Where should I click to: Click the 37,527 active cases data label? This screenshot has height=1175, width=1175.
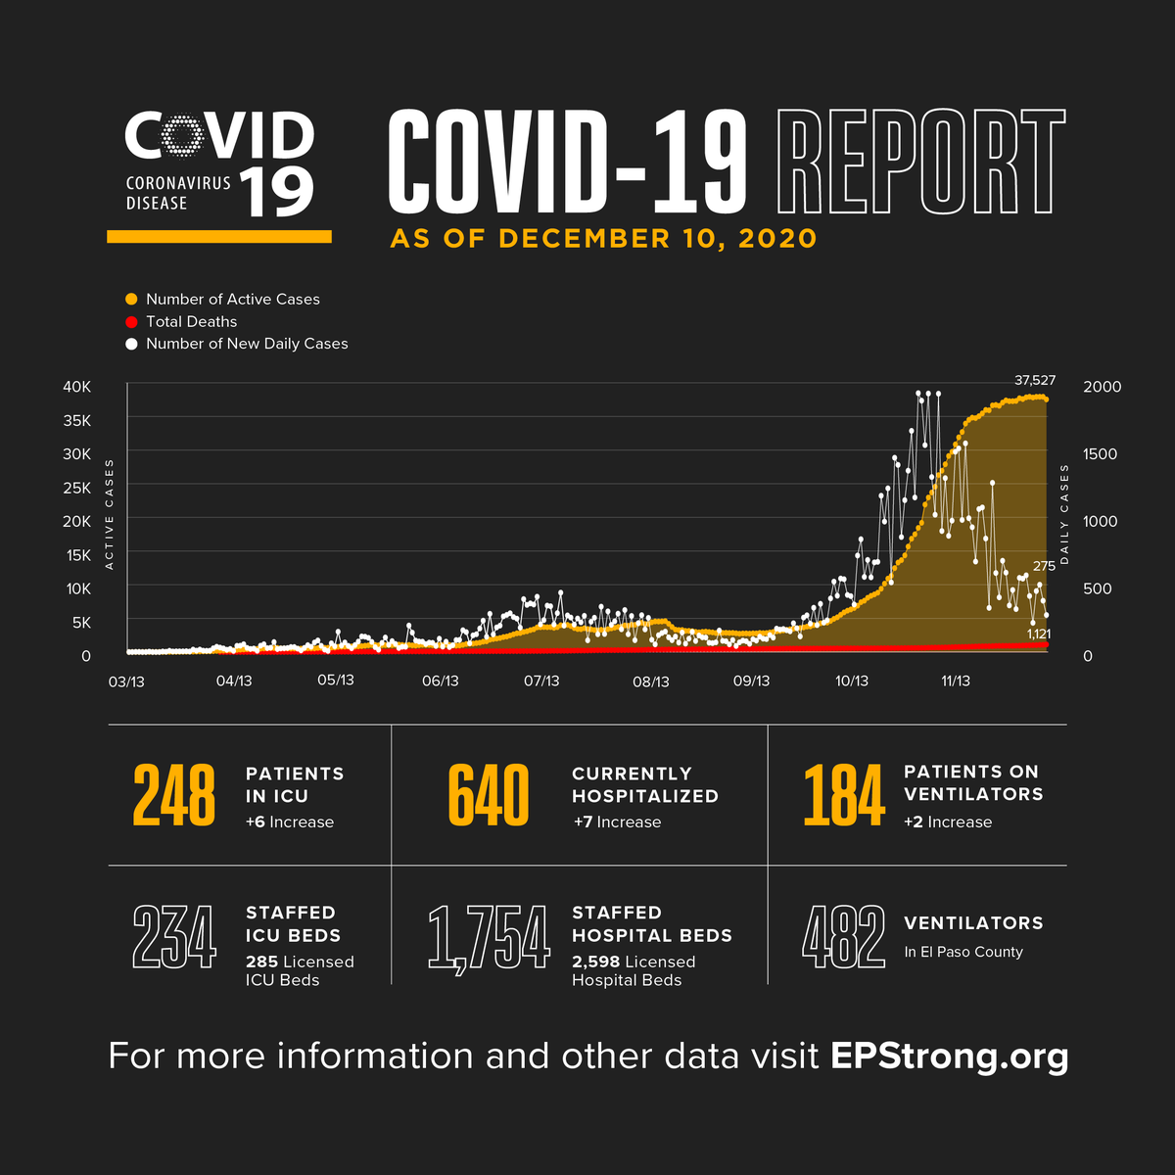tap(1035, 380)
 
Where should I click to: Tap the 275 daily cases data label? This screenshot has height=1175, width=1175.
tap(1044, 566)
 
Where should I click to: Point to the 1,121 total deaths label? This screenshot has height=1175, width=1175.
tap(1038, 634)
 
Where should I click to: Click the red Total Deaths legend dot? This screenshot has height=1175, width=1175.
tap(131, 321)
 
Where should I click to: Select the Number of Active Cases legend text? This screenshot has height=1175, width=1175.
tap(233, 300)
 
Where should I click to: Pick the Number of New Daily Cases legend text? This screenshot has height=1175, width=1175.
tap(247, 344)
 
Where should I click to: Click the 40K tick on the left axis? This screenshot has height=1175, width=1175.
tap(77, 387)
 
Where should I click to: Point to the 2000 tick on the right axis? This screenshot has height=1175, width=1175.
tap(1103, 387)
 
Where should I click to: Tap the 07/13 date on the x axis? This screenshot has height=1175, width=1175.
tap(541, 681)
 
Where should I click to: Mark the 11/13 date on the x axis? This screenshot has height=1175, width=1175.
tap(956, 681)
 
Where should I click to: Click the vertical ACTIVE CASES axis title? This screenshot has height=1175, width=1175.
tap(110, 514)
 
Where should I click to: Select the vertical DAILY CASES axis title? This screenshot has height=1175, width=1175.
tap(1065, 514)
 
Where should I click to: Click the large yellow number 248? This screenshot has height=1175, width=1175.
tap(174, 795)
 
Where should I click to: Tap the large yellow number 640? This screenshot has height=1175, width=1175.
tap(489, 795)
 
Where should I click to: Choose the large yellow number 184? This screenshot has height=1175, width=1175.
tap(844, 795)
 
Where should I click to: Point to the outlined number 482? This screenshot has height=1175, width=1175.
tap(844, 937)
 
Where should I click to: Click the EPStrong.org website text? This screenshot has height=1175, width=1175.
tap(949, 1057)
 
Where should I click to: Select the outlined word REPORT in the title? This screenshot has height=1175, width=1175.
tap(920, 162)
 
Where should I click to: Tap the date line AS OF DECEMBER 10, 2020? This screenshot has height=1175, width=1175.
tap(603, 239)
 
